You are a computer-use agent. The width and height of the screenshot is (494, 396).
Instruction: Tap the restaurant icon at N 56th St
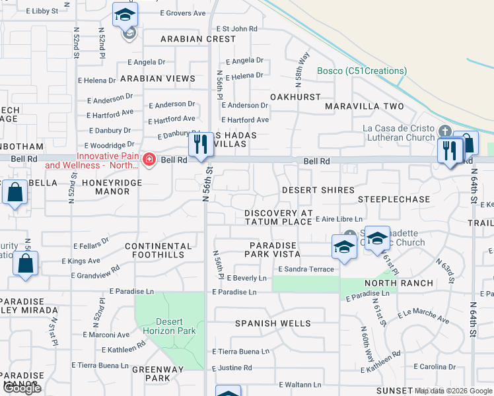[200, 145]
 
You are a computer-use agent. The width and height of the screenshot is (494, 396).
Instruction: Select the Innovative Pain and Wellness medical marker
[149, 160]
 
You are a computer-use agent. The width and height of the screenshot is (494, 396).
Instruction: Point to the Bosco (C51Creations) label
[361, 71]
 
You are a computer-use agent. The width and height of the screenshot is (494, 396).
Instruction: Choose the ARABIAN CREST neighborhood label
[198, 39]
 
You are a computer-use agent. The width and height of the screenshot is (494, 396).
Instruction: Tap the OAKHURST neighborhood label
[295, 97]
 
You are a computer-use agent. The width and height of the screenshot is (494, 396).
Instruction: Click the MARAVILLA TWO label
[364, 106]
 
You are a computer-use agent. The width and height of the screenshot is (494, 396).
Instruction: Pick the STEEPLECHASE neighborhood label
[394, 199]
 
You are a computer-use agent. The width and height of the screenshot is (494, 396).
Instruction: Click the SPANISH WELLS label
[273, 323]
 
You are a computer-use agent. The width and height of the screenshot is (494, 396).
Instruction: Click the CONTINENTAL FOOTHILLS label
[158, 250]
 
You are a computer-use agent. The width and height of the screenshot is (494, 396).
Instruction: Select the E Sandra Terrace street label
[306, 269]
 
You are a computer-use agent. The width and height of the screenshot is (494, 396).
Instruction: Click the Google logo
[22, 388]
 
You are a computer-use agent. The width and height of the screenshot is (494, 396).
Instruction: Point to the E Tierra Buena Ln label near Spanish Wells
[240, 352]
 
